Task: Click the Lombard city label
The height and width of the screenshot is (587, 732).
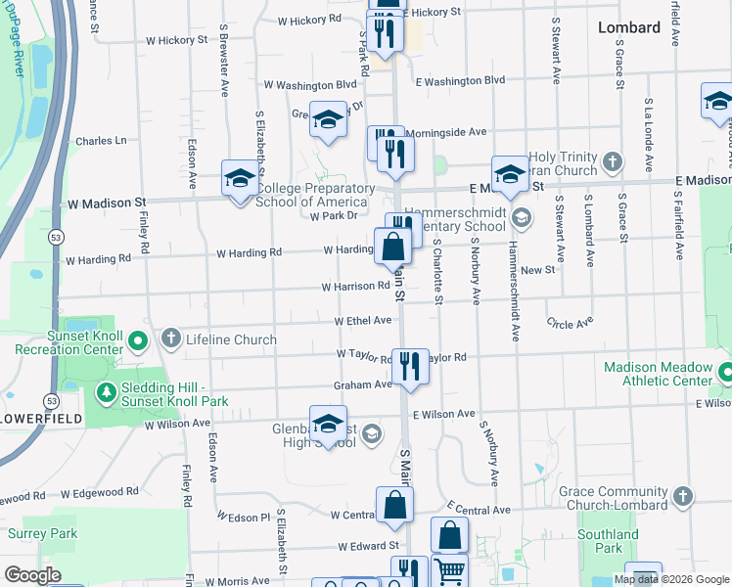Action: (x=629, y=27)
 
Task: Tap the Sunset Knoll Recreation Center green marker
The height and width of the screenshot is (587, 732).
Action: (x=138, y=340)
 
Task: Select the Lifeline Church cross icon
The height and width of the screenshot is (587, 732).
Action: (x=171, y=339)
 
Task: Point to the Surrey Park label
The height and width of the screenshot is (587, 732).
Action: (x=42, y=534)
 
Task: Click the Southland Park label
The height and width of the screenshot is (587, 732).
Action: (x=608, y=541)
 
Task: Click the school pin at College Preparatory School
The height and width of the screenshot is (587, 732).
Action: (x=239, y=179)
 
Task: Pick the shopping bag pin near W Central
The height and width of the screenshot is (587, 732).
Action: (x=393, y=505)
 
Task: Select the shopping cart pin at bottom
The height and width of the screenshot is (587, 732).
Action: (x=449, y=570)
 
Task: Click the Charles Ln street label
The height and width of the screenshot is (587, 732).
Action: (x=101, y=141)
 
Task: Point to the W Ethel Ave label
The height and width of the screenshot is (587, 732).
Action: (x=362, y=320)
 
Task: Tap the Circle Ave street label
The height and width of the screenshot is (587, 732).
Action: (x=571, y=323)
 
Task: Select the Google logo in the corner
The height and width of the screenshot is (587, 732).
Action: (x=32, y=575)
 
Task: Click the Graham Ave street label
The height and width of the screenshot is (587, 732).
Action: (x=362, y=384)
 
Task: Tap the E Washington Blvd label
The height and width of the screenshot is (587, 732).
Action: (x=459, y=81)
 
